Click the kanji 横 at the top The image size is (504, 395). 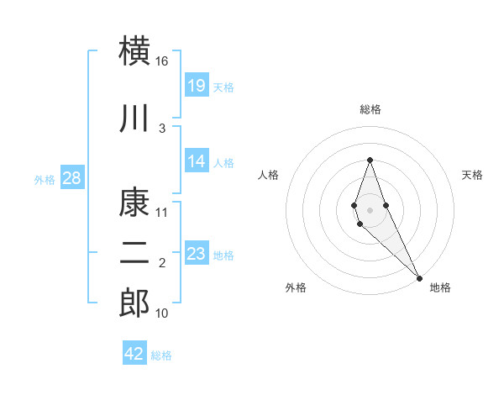point(135,51)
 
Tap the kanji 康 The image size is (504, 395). point(135,203)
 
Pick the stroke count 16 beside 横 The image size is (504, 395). point(162,61)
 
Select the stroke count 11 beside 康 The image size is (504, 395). point(162,213)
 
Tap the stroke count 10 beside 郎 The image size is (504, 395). point(162,313)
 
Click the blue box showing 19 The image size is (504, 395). point(197,85)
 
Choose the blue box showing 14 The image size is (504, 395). point(197,161)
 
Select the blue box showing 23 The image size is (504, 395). point(197,254)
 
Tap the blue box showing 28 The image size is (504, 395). point(72,178)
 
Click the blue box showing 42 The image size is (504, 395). point(134,354)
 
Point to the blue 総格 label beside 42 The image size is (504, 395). point(161,355)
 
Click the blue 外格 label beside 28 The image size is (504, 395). point(45,179)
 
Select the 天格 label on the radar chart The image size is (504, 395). point(472,175)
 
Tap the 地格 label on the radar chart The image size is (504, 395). point(440,287)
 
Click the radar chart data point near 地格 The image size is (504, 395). point(419,277)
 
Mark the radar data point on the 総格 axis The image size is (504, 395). point(370,160)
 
